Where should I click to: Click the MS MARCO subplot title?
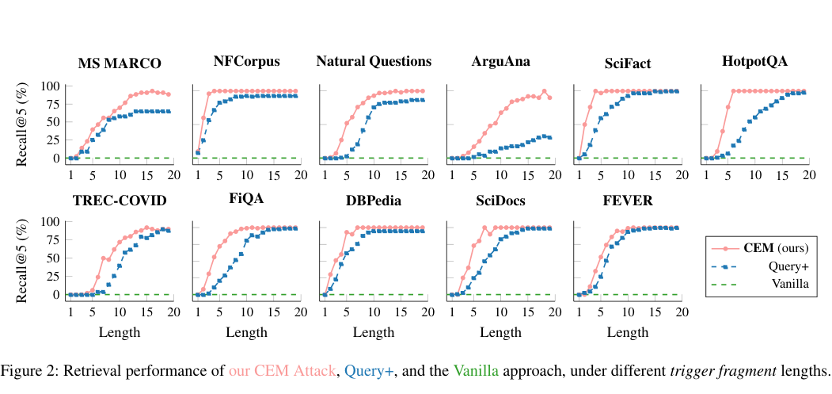(120, 63)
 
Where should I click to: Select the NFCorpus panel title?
(246, 62)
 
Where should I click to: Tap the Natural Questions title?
(374, 62)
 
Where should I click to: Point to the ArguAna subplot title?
(500, 62)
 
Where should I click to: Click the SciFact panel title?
(627, 63)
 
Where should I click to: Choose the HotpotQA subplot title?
(754, 62)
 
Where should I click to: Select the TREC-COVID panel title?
(120, 200)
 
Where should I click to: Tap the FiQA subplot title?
(246, 199)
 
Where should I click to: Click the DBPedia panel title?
(374, 200)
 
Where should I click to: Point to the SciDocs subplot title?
(500, 200)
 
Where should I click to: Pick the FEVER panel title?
(627, 200)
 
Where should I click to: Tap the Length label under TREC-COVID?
(120, 332)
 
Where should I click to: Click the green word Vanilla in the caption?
(476, 371)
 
